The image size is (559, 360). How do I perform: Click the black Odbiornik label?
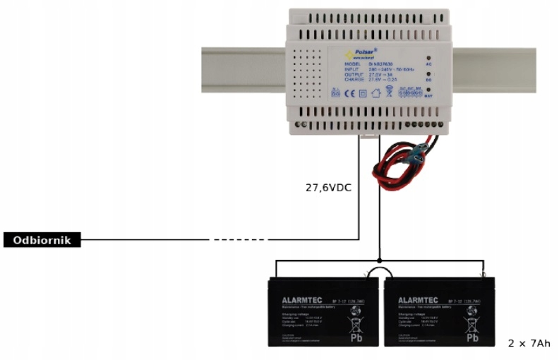[x=42, y=240]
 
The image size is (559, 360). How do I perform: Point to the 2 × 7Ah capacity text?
[x=529, y=343]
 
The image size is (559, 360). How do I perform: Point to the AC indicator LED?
[x=429, y=56]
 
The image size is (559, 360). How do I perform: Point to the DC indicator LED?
[x=429, y=73]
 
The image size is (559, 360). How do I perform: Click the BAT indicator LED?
[x=429, y=89]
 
